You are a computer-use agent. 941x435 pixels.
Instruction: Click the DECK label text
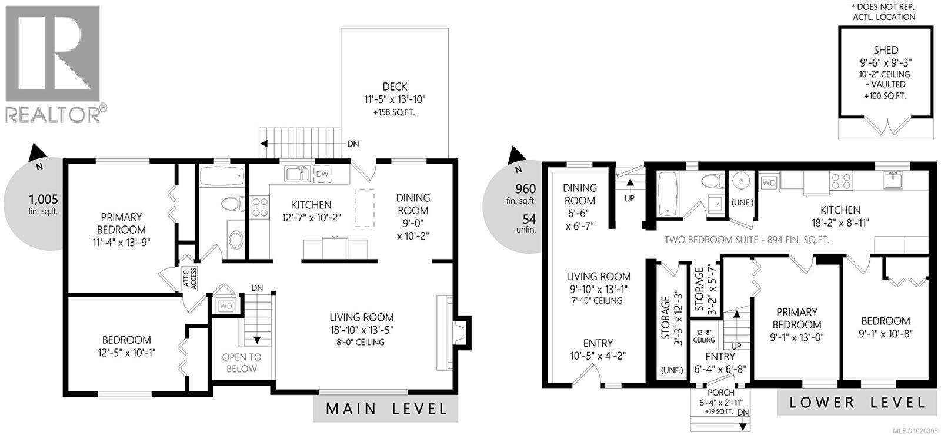coord(394,87)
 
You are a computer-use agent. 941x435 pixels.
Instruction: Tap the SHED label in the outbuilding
coord(886,50)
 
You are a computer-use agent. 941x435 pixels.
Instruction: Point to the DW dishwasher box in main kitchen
coord(322,174)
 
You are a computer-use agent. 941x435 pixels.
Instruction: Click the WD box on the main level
coord(226,306)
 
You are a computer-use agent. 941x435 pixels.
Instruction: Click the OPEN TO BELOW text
coord(241,363)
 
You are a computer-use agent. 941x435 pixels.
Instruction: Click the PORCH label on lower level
coord(720,393)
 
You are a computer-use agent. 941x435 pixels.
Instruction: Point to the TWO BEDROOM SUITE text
coord(746,240)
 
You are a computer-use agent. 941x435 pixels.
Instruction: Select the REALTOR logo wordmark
coord(53,114)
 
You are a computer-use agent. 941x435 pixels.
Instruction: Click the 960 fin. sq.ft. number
coord(525,189)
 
